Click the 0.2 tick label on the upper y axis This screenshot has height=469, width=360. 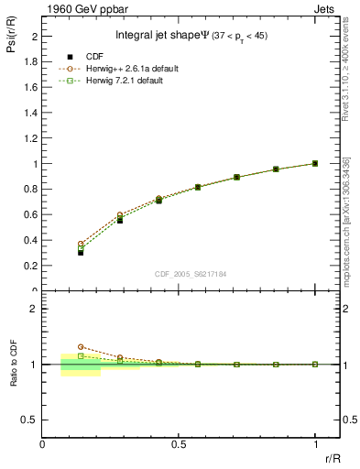(x=32, y=266)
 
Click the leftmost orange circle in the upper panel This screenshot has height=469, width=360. (x=81, y=244)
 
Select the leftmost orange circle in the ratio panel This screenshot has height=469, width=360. (x=81, y=347)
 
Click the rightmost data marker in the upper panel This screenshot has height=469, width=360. (x=315, y=163)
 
